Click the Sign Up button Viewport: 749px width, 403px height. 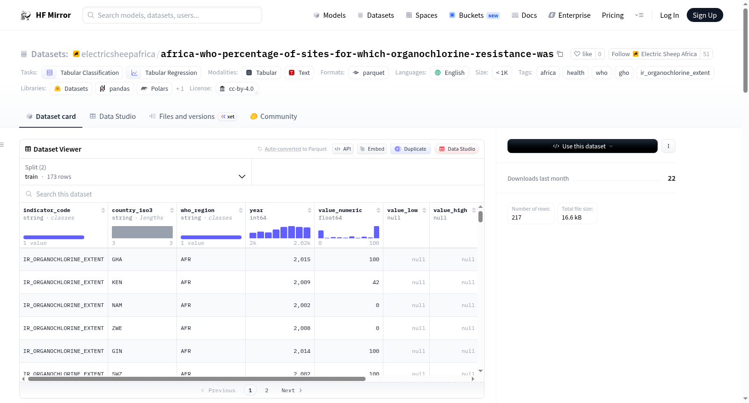pyautogui.click(x=705, y=15)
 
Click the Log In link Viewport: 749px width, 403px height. pyautogui.click(x=669, y=15)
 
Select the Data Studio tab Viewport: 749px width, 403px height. pyautogui.click(x=113, y=117)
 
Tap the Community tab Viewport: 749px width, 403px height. pyautogui.click(x=273, y=117)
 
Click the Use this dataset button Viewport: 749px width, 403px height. pyautogui.click(x=582, y=146)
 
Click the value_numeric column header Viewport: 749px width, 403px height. pyautogui.click(x=340, y=210)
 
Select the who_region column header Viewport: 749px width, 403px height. pyautogui.click(x=197, y=210)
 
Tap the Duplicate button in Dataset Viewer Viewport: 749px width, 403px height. pyautogui.click(x=410, y=149)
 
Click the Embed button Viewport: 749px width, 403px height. pyautogui.click(x=372, y=149)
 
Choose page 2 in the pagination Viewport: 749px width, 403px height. pyautogui.click(x=266, y=390)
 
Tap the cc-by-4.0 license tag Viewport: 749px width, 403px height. pyautogui.click(x=237, y=88)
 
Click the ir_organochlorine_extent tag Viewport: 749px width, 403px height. pyautogui.click(x=675, y=73)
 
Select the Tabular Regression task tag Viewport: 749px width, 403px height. pyautogui.click(x=163, y=73)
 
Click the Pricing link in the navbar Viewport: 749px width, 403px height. pyautogui.click(x=613, y=15)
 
